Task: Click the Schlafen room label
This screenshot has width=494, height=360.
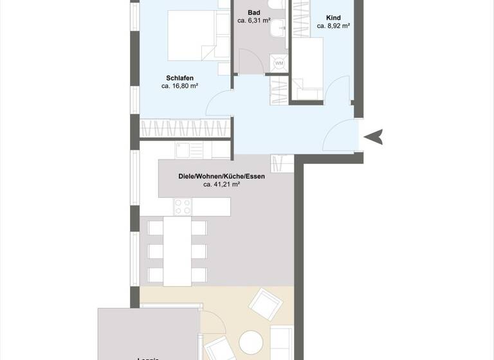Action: click(180, 77)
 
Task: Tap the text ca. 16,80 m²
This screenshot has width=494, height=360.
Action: click(179, 85)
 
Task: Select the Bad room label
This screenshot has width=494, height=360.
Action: click(253, 12)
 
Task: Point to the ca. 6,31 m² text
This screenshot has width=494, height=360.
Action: click(253, 21)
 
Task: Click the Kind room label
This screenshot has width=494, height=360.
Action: click(333, 18)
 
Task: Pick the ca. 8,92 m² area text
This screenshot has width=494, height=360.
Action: click(333, 26)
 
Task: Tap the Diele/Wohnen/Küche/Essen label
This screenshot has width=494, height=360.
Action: click(221, 175)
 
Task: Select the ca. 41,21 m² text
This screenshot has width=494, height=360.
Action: click(221, 184)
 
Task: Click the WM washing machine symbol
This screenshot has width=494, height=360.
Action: click(279, 63)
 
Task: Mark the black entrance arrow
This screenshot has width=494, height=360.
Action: click(374, 136)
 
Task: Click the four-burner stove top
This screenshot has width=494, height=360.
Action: click(183, 207)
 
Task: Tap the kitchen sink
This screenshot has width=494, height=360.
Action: click(183, 150)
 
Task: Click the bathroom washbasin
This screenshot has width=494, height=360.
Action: click(279, 27)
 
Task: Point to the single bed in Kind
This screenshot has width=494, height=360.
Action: click(307, 64)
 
